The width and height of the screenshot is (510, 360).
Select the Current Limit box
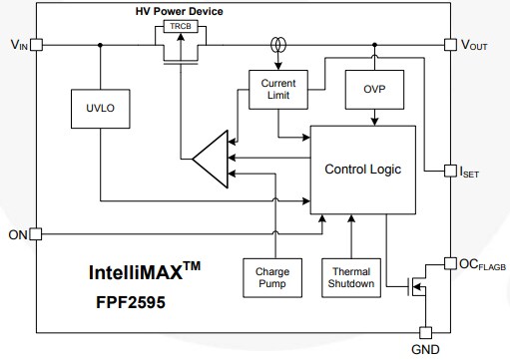pyautogui.click(x=278, y=89)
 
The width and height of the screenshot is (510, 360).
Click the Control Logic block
pyautogui.click(x=362, y=170)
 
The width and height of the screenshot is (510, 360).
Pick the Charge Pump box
pyautogui.click(x=271, y=277)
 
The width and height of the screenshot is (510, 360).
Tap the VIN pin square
pyautogui.click(x=36, y=45)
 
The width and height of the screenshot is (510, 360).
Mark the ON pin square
pyautogui.click(x=36, y=234)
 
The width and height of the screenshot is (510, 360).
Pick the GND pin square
pyautogui.click(x=425, y=332)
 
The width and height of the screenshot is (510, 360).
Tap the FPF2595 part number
pyautogui.click(x=128, y=298)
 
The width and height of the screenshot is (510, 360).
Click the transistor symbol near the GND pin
pyautogui.click(x=417, y=291)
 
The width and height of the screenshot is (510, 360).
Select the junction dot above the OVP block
pyautogui.click(x=373, y=45)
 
